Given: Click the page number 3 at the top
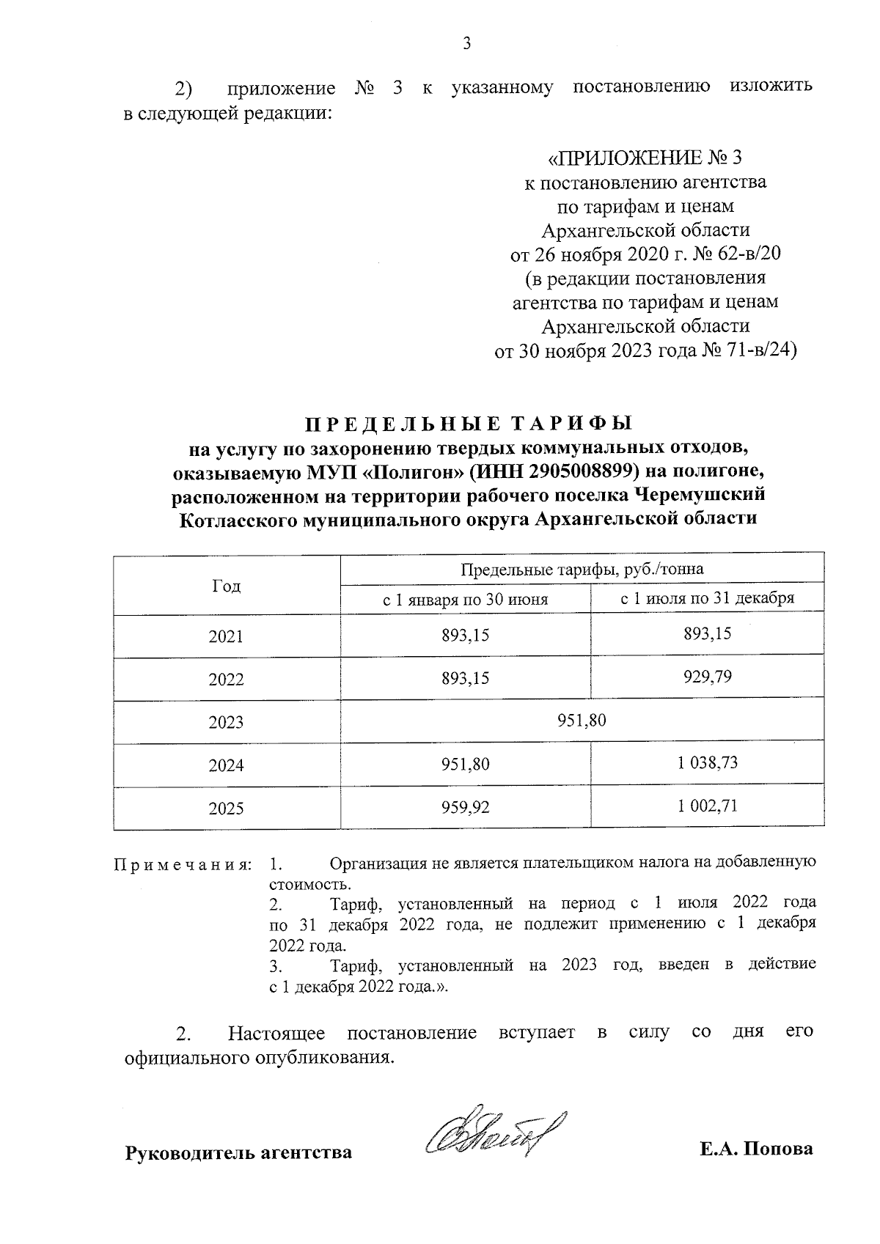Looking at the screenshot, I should click(x=466, y=43).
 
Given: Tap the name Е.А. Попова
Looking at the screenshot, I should click(x=756, y=1149).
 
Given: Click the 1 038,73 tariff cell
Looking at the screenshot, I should click(x=707, y=763).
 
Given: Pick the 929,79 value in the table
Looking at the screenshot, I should click(x=707, y=677).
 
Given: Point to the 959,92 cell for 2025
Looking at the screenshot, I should click(x=465, y=808).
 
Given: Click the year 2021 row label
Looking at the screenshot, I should click(x=226, y=636).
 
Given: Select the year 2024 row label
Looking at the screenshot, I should click(x=226, y=765).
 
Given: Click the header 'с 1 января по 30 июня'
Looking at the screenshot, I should click(x=466, y=600).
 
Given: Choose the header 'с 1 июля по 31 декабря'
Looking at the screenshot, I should click(x=707, y=598).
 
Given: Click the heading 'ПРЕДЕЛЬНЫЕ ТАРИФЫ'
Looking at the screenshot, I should click(x=467, y=424).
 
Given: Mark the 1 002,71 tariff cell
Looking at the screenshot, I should click(x=707, y=806).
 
